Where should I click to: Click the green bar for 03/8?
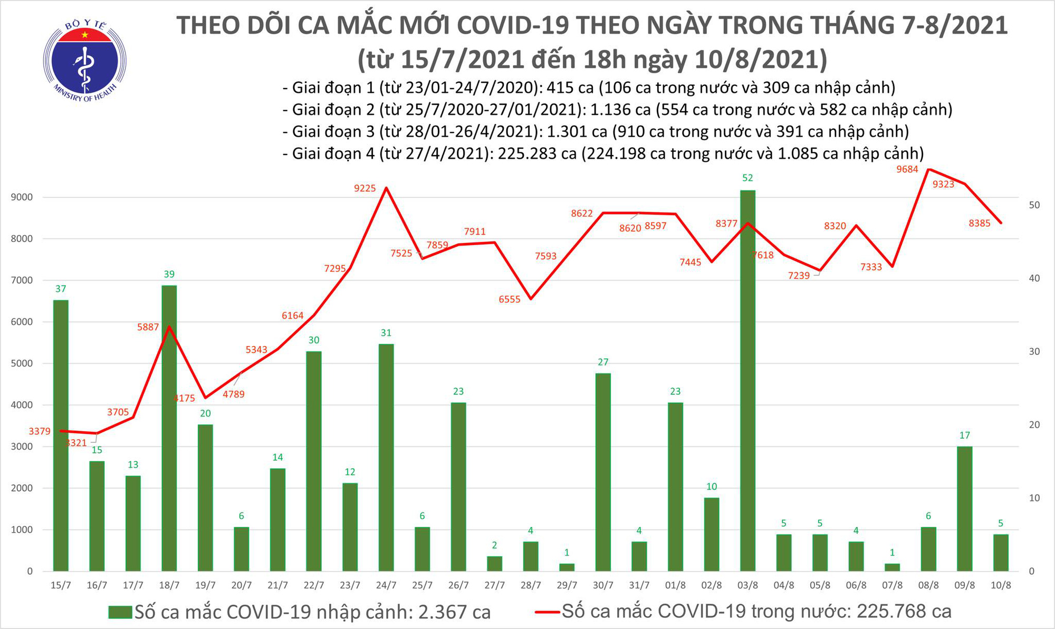747,380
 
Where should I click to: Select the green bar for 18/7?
169,427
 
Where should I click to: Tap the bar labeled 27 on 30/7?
603,472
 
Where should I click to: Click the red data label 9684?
907,169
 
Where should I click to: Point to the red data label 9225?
365,188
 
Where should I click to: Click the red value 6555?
510,299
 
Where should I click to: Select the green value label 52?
747,178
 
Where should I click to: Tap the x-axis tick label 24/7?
386,586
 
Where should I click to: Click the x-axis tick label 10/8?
1001,586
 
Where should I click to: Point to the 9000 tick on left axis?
22,197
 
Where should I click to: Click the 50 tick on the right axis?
1034,205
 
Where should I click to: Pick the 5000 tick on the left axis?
22,363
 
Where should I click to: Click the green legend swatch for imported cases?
120,612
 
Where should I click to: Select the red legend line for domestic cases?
547,612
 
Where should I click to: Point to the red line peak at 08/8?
928,169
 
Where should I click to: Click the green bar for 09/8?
964,508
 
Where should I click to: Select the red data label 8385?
980,224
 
